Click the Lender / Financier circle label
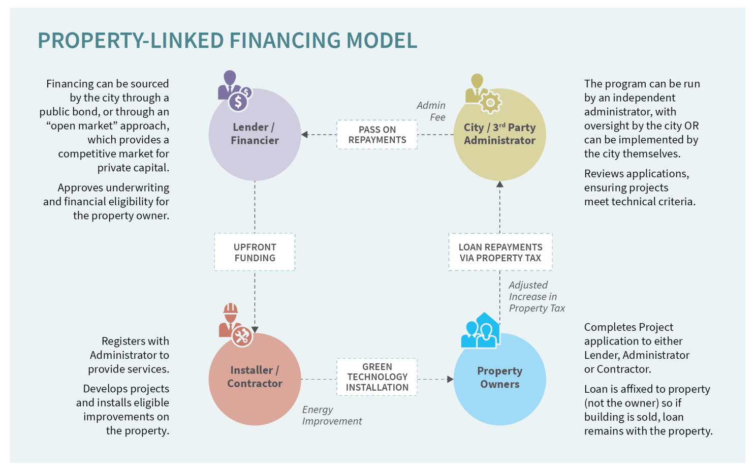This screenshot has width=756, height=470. [x=255, y=134]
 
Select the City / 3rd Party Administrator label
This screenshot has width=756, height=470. [x=499, y=134]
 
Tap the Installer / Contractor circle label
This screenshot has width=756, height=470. [x=255, y=377]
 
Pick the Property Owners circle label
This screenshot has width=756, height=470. [x=499, y=378]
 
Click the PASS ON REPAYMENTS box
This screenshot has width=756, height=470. [x=377, y=135]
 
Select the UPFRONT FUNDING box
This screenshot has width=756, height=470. [x=255, y=253]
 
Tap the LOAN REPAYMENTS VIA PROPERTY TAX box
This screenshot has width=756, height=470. [x=500, y=253]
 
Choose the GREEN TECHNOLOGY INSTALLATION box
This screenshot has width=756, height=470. [x=377, y=377]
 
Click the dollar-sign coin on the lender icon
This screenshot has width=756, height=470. [x=238, y=102]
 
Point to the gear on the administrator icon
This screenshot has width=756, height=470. [x=490, y=103]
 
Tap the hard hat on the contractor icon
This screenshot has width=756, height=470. [x=231, y=308]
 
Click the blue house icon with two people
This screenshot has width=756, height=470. [x=481, y=331]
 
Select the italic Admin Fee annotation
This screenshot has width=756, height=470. [x=431, y=111]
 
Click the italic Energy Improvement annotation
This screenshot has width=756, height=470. [x=332, y=415]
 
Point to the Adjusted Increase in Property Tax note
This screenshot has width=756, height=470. [x=537, y=297]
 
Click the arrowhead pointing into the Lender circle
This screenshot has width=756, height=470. [x=305, y=135]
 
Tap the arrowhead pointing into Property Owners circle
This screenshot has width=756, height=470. [x=450, y=379]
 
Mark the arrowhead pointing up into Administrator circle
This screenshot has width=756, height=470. [x=499, y=184]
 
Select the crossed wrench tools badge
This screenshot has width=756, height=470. [x=242, y=336]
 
